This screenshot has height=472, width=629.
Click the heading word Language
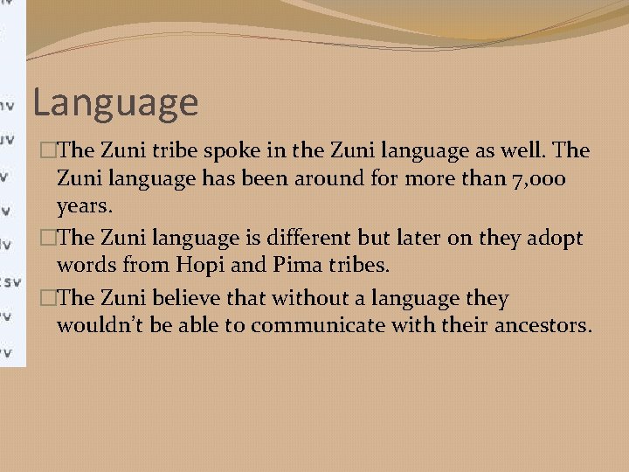(x=115, y=103)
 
